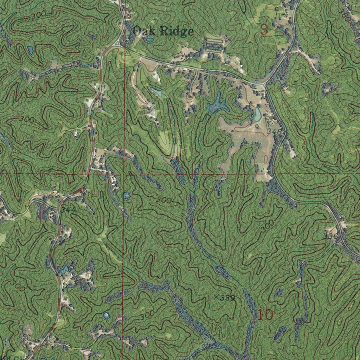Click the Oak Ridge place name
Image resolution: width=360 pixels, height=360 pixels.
[x=163, y=31]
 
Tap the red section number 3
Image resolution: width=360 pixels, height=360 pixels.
[x=264, y=30]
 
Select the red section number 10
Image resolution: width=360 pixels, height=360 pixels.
[x=265, y=315]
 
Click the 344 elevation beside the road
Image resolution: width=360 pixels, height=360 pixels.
[x=68, y=210]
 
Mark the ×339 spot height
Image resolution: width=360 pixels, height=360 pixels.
[x=224, y=298]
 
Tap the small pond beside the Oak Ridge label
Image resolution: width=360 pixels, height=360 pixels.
[x=149, y=40]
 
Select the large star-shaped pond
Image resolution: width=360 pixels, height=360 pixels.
[x=217, y=105]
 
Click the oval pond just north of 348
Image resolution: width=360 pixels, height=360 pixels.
[x=258, y=114]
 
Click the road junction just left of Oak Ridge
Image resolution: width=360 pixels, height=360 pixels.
[x=118, y=45]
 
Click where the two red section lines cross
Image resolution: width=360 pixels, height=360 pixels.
[x=123, y=174]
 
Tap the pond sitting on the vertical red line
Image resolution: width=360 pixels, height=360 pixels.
[x=126, y=195]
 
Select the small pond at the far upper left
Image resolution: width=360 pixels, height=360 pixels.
[x=30, y=50]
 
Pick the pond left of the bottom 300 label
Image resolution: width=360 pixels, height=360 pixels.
[x=106, y=315]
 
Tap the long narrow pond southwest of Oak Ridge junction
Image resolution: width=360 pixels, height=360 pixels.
[x=156, y=92]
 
